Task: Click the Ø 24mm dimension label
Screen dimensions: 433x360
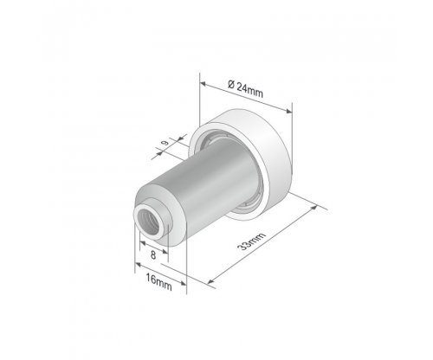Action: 245,89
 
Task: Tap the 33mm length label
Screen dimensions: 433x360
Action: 251,241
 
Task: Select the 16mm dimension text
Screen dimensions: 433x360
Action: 158,282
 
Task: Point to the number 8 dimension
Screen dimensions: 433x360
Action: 153,255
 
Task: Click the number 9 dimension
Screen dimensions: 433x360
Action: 165,143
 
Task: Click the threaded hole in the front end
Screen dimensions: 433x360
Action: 148,222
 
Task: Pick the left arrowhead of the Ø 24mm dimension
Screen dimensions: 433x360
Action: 203,84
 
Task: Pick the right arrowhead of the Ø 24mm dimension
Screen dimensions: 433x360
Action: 288,111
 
